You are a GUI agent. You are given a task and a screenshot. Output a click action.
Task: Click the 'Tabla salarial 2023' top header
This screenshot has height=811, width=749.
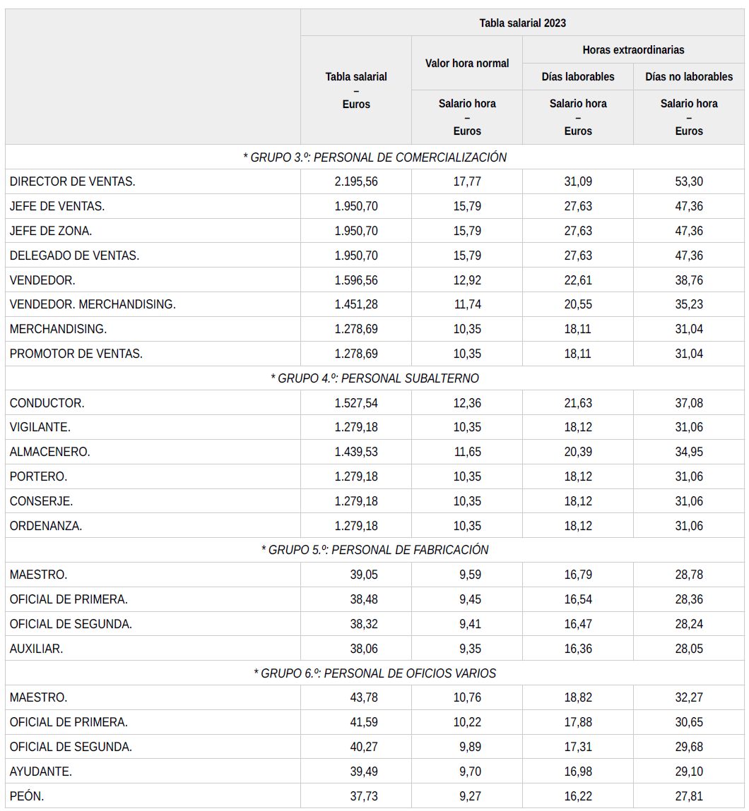click(522, 23)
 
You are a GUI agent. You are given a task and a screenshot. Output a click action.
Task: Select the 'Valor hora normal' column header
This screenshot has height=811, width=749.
click(467, 64)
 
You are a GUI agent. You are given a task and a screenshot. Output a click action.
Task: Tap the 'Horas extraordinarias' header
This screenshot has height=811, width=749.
click(633, 50)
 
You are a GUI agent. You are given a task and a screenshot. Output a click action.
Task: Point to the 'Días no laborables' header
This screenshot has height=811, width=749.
click(689, 77)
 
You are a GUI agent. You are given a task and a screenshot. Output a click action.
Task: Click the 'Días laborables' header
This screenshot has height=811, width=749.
click(578, 77)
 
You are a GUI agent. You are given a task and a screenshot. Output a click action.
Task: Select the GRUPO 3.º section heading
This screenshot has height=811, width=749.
click(374, 157)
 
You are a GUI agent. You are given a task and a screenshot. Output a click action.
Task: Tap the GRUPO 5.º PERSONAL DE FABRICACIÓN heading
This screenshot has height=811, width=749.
click(374, 550)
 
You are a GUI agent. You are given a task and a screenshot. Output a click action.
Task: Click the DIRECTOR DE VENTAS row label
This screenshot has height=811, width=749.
click(73, 181)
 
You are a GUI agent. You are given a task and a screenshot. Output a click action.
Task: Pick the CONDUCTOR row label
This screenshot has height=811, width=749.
click(47, 403)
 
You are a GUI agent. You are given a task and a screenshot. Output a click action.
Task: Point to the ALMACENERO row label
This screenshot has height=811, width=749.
click(50, 452)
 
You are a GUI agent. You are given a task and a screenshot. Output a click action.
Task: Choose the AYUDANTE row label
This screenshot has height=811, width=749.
click(41, 771)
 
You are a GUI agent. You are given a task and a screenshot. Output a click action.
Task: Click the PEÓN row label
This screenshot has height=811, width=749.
click(27, 796)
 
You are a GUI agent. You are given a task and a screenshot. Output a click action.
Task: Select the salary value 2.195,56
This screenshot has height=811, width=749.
click(356, 181)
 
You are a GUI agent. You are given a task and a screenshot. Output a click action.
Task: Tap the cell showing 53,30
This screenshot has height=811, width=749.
click(689, 181)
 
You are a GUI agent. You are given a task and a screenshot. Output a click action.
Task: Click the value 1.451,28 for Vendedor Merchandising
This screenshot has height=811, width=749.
click(356, 304)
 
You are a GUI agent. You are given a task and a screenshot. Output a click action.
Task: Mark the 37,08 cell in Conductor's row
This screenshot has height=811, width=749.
click(689, 403)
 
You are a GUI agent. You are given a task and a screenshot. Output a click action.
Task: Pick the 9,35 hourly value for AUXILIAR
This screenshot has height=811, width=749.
click(467, 649)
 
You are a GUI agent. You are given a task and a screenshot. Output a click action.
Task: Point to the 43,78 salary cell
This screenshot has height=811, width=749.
click(364, 697)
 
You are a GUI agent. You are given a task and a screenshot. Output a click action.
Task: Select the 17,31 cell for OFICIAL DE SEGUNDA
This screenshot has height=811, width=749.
click(578, 747)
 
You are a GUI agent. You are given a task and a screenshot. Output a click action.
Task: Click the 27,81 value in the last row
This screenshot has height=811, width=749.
click(689, 796)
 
